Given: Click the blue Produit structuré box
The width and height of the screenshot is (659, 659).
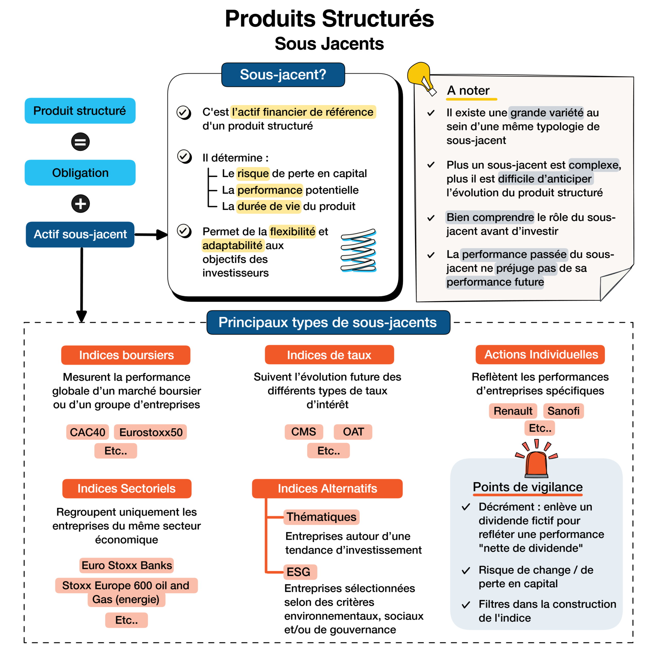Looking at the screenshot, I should (80, 111).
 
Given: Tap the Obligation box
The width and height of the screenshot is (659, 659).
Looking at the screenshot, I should (80, 172).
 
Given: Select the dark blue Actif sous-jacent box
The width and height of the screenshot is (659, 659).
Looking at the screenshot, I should (80, 234).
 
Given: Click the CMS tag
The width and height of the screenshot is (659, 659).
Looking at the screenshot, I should (304, 432).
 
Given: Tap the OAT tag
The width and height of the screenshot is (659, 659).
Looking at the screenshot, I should (353, 432).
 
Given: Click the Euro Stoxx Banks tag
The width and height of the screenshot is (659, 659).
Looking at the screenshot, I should (127, 565).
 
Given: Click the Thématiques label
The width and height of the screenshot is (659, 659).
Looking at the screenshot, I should (321, 517).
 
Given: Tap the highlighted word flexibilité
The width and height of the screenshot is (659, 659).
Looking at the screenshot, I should (292, 232).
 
